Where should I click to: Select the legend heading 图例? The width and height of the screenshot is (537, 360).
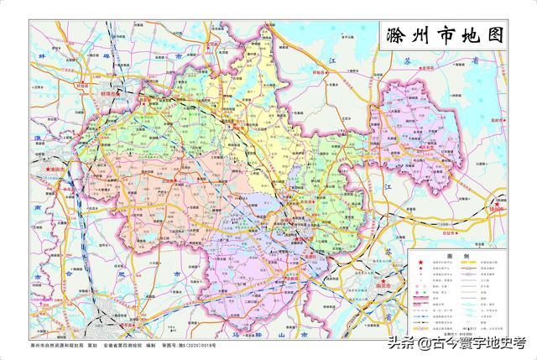460,255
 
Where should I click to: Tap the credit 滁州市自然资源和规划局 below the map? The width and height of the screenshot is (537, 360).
57,346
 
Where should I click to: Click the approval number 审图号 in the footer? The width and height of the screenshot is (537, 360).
190,346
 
